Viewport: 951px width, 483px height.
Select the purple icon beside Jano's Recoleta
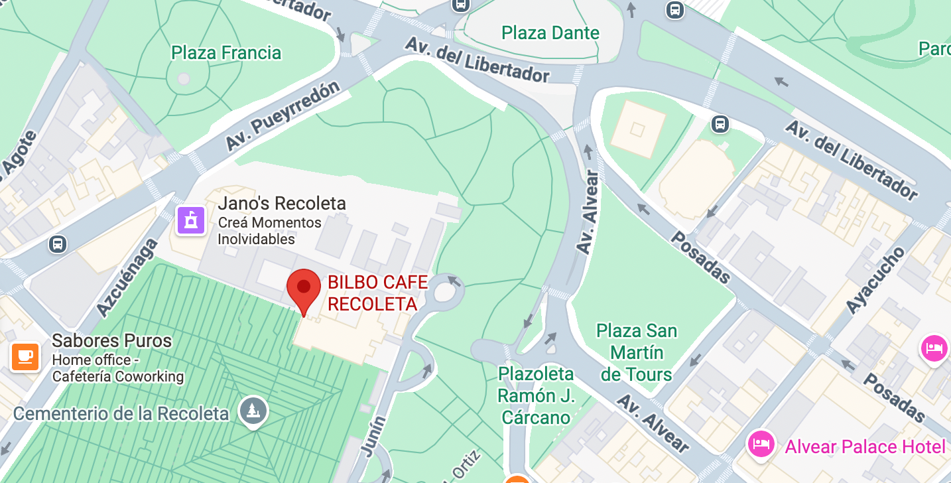pyautogui.click(x=191, y=220)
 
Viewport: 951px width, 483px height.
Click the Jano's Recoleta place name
pyautogui.click(x=282, y=203)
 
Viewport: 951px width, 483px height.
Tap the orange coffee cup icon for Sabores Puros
pyautogui.click(x=25, y=357)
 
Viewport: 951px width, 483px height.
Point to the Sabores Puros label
pyautogui.click(x=111, y=341)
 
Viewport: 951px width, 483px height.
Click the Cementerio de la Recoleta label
pyautogui.click(x=121, y=414)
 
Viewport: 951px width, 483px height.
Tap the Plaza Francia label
pyautogui.click(x=226, y=53)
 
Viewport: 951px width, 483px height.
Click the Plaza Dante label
pyautogui.click(x=550, y=33)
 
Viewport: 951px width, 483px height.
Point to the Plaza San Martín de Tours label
pyautogui.click(x=637, y=352)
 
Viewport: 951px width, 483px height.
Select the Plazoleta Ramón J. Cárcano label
pyautogui.click(x=535, y=395)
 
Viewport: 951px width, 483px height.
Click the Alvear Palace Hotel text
pyautogui.click(x=865, y=447)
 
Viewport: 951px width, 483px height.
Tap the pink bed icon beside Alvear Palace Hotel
pyautogui.click(x=761, y=443)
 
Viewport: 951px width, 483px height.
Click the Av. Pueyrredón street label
pyautogui.click(x=283, y=116)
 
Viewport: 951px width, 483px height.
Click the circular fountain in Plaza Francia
pyautogui.click(x=184, y=79)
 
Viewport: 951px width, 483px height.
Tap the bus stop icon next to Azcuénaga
pyautogui.click(x=58, y=244)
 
